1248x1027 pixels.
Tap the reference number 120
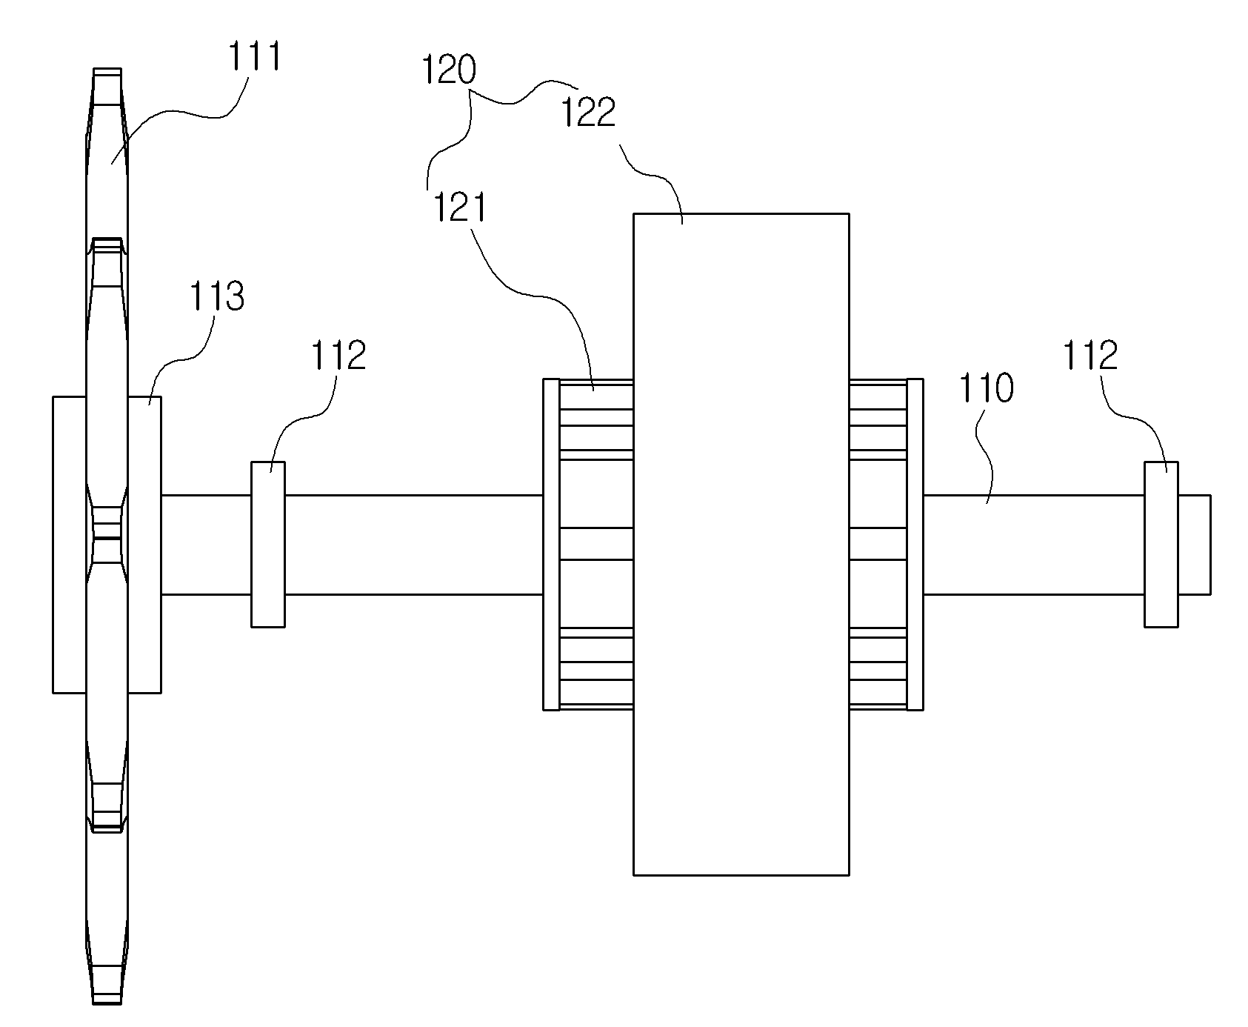coord(449,72)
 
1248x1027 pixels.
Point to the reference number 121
coord(459,207)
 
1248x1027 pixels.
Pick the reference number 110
coord(987,390)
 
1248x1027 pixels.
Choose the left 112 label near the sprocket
coord(338,356)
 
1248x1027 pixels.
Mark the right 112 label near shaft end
coord(1091,356)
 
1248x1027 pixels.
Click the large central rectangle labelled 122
coord(741,544)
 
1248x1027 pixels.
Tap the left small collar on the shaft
coord(268,545)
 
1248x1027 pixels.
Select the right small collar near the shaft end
coord(1161,545)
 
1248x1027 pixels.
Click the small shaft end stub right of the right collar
coord(1195,545)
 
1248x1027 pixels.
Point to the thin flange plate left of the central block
coord(551,545)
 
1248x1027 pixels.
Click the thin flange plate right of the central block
coord(915,545)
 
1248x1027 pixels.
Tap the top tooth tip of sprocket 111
coord(107,69)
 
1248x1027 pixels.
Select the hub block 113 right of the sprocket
coord(144,545)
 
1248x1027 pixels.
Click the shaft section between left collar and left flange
coord(414,545)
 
